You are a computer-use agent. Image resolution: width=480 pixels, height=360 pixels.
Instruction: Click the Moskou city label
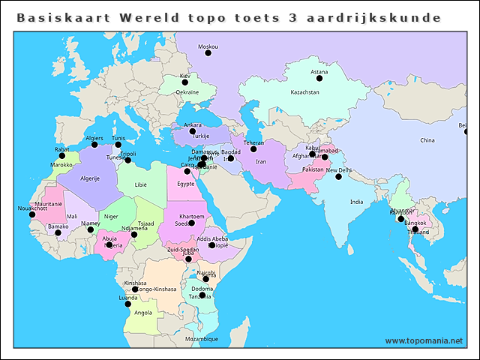208,46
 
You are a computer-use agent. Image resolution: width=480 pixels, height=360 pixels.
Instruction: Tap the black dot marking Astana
320,81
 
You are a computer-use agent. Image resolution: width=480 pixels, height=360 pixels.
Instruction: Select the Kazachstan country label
305,92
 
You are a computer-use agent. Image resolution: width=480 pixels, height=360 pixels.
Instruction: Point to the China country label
427,140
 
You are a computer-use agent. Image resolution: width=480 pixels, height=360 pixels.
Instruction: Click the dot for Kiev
185,85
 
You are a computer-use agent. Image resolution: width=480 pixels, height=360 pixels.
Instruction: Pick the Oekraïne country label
187,92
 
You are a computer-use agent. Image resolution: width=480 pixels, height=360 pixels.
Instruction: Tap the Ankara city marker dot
193,131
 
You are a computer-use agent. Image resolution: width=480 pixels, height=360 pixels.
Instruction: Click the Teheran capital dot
253,149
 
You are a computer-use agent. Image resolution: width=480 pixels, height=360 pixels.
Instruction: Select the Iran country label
261,162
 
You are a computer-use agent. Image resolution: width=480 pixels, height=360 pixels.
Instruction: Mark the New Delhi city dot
338,177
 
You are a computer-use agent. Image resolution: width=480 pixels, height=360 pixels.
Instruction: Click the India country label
356,202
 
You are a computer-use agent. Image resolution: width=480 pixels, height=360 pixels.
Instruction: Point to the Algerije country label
90,178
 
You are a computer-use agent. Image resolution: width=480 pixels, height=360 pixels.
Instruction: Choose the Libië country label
141,184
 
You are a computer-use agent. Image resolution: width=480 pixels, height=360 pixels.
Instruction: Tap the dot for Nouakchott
31,214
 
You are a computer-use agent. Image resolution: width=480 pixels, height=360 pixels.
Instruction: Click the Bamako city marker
58,232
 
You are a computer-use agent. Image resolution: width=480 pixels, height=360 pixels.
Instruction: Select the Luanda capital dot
127,304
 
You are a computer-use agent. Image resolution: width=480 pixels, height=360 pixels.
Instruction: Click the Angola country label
143,313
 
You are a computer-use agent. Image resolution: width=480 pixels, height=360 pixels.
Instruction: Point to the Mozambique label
202,339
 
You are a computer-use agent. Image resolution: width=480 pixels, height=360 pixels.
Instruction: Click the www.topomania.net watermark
424,340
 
